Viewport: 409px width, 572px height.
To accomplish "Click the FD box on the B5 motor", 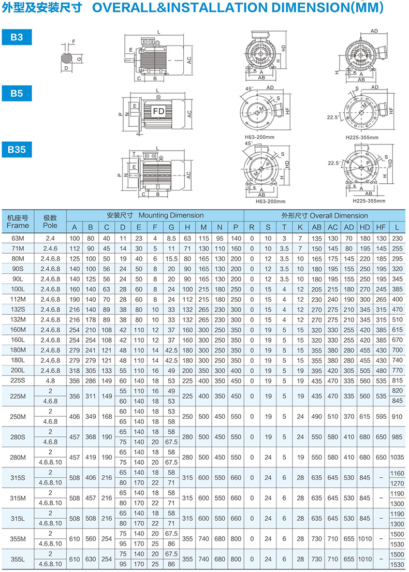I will (x=158, y=111).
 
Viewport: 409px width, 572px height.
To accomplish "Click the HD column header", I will (x=364, y=227).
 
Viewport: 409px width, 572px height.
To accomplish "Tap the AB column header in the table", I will (x=317, y=227).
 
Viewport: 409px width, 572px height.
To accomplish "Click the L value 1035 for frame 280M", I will (x=397, y=458).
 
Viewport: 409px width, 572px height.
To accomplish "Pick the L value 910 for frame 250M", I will (x=397, y=416).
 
